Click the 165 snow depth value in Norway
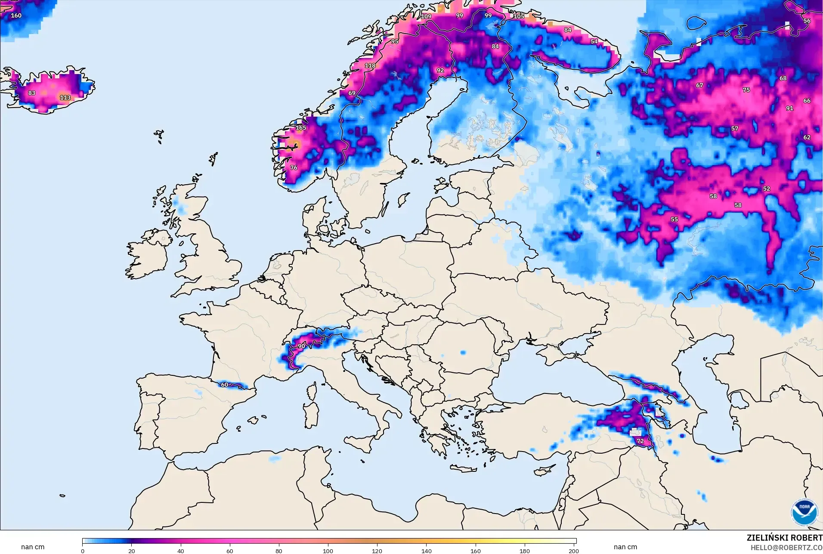point(301,128)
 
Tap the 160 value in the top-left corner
point(16,15)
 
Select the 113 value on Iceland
point(65,98)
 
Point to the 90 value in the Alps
point(301,346)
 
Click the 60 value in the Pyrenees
point(224,385)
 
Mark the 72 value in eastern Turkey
point(640,441)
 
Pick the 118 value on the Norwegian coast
point(370,66)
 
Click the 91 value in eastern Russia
point(789,108)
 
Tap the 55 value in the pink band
point(674,220)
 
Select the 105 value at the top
point(519,16)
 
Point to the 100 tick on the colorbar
point(328,551)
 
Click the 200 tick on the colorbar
point(573,551)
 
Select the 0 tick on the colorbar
point(83,551)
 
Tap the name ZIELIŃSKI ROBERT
point(784,538)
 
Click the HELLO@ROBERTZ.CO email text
point(786,548)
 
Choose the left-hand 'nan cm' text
point(33,547)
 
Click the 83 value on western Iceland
point(32,93)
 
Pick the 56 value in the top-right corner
point(807,21)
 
